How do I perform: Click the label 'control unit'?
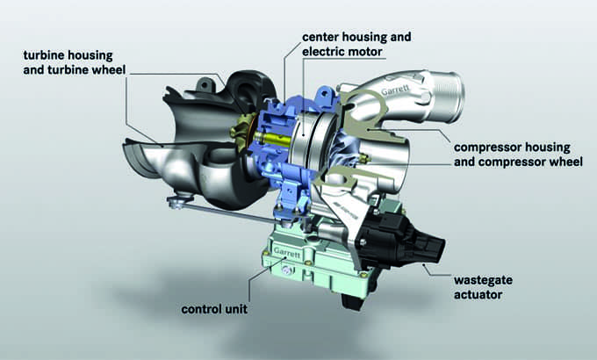point(214,309)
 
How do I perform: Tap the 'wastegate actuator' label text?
point(483,287)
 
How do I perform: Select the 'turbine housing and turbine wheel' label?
point(75,62)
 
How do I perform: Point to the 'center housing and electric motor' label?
point(356,44)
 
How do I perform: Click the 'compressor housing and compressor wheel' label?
point(518,155)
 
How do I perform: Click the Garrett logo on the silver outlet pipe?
point(396,90)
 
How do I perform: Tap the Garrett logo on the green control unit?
point(287,253)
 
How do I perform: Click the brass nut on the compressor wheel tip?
point(364,158)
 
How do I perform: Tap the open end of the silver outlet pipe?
point(454,97)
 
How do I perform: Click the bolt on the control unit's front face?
point(287,270)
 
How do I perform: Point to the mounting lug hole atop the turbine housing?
point(205,84)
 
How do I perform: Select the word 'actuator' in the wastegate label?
point(478,294)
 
